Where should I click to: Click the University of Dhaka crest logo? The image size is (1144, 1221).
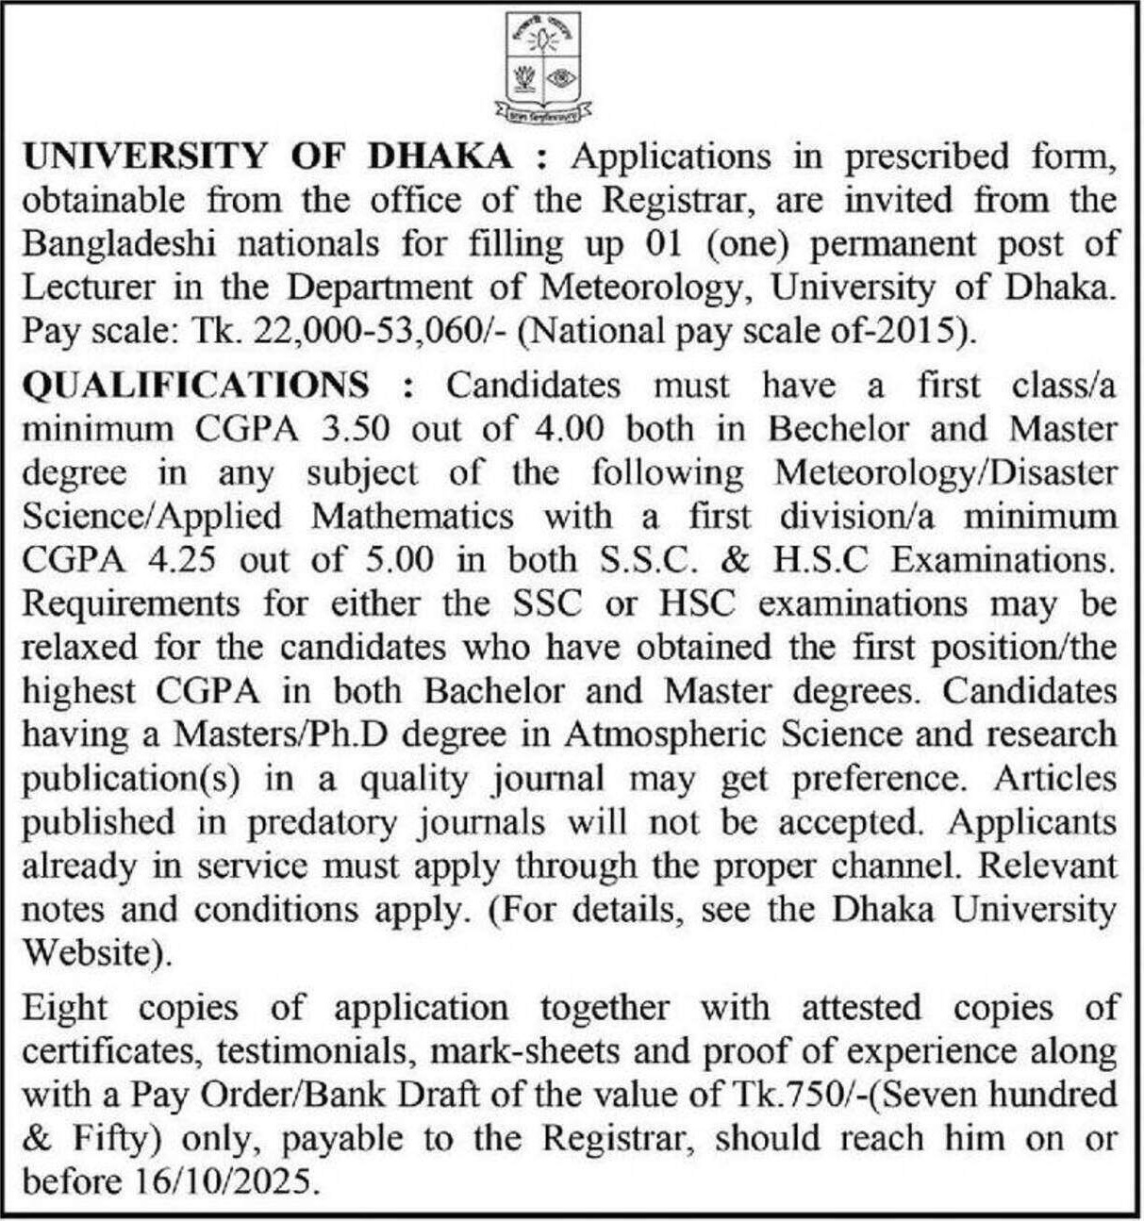click(x=541, y=68)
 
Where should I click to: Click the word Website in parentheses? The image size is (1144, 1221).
click(x=91, y=953)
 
